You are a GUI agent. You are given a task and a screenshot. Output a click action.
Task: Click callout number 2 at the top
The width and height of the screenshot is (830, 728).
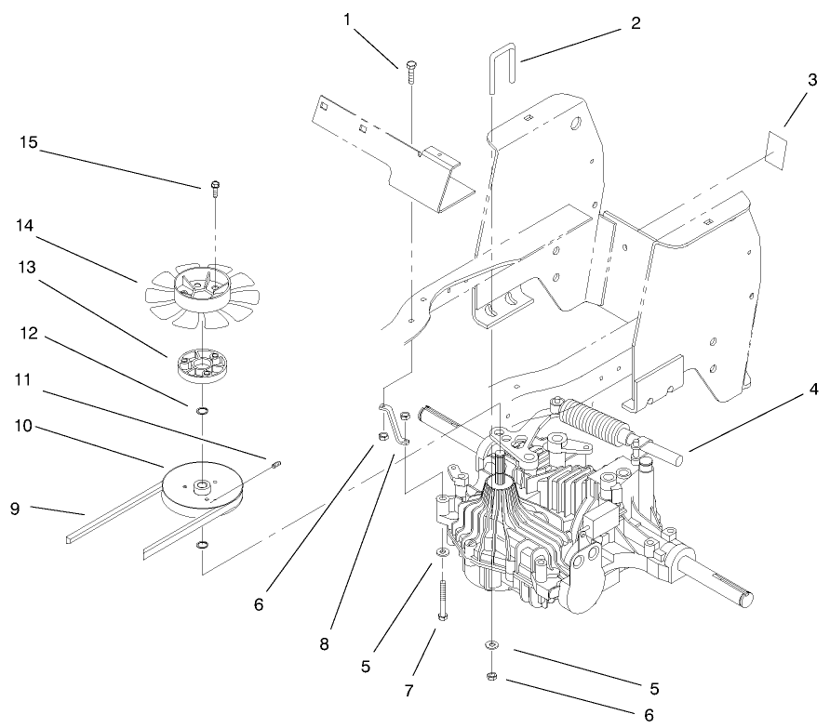point(636,23)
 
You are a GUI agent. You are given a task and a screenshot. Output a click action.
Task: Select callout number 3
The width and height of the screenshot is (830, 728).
point(812,81)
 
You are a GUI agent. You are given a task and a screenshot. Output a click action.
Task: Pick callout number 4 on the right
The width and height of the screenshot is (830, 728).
point(814,390)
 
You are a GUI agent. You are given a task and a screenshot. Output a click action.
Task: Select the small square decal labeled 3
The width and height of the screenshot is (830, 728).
point(777,147)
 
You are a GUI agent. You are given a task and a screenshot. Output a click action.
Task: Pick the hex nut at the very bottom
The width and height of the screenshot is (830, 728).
point(490,676)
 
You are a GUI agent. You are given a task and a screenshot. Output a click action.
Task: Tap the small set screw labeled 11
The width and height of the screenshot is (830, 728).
point(275,464)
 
